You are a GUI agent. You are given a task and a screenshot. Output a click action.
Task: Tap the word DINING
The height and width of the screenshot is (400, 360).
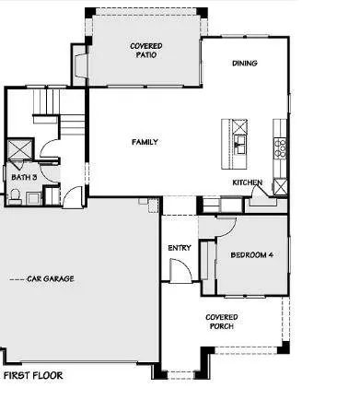(x=245, y=64)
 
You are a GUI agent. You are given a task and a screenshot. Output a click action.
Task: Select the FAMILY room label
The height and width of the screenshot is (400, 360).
(x=144, y=142)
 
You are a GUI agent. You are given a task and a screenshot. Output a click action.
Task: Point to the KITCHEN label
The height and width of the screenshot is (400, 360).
(x=246, y=182)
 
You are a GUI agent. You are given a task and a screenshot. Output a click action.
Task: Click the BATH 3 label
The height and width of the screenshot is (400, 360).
(x=23, y=176)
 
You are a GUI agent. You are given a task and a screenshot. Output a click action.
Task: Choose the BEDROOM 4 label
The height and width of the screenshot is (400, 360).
(x=251, y=254)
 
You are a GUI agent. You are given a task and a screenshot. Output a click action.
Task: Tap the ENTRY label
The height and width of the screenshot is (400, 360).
(x=179, y=248)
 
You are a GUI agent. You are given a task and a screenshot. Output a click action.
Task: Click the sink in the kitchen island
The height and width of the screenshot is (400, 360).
(x=239, y=142)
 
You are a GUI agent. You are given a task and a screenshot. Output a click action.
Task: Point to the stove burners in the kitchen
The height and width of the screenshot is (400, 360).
(x=281, y=145)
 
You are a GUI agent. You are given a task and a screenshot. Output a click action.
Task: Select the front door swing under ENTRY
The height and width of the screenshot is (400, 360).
(x=181, y=272)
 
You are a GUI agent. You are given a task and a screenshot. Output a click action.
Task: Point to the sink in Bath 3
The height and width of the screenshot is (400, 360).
(x=32, y=195)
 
